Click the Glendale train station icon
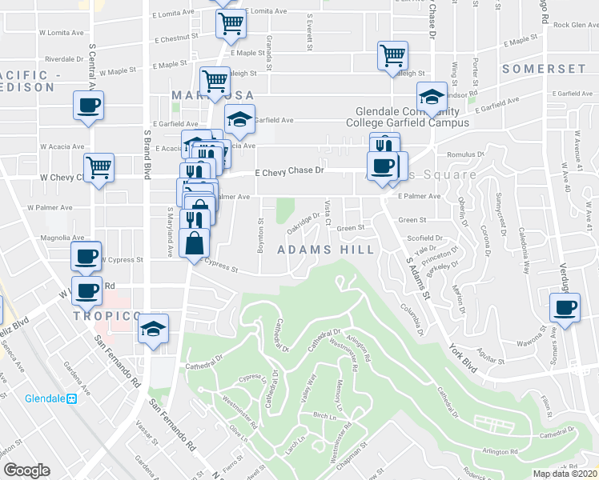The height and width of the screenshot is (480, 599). click(x=71, y=398)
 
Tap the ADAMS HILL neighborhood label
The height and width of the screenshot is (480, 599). click(x=325, y=250)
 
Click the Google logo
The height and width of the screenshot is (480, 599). click(x=26, y=470)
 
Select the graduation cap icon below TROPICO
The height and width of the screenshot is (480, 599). click(x=153, y=329)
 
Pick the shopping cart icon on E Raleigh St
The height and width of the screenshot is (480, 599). click(x=392, y=56)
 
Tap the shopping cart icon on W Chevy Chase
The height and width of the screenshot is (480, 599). click(x=98, y=167)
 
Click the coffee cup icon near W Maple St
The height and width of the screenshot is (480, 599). click(x=88, y=105)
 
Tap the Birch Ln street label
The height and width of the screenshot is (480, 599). click(x=324, y=416)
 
